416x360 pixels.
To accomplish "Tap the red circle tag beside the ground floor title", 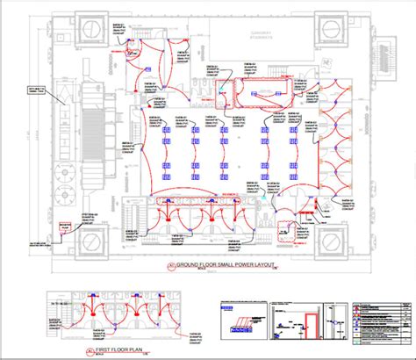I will (169, 264).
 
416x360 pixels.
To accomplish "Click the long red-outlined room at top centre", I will (269, 86).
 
